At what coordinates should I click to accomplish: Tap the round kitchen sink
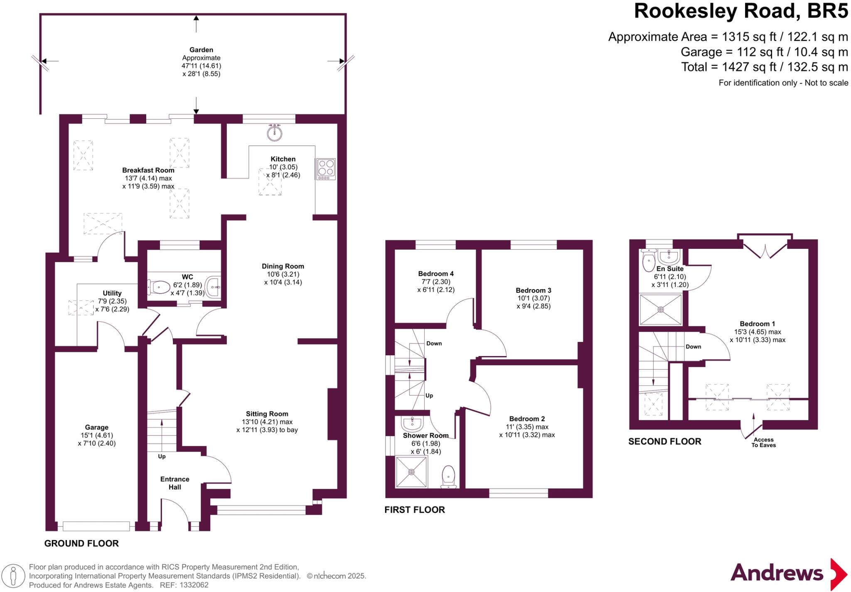[275, 133]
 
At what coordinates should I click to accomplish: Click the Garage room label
[96, 427]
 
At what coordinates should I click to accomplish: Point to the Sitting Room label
[267, 414]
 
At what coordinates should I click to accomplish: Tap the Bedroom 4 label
[435, 273]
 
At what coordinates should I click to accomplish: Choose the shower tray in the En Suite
[660, 310]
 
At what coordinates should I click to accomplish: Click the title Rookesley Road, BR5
[740, 11]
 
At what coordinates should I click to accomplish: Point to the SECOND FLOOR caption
[664, 442]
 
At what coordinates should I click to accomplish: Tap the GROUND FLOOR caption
[81, 543]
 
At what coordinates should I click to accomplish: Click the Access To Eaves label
[763, 442]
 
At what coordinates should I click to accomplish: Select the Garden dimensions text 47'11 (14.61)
[201, 66]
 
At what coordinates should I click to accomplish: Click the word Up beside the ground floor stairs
[162, 456]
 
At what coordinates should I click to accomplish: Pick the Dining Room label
[283, 266]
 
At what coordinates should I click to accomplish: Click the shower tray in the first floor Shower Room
[411, 472]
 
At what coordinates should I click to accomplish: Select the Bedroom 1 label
[757, 324]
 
